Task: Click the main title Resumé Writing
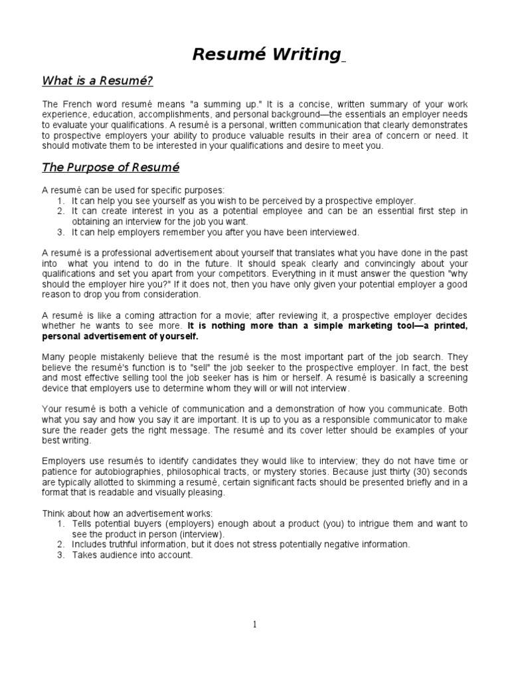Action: click(x=266, y=54)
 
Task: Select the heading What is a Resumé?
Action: click(x=98, y=81)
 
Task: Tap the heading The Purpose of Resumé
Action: click(x=111, y=167)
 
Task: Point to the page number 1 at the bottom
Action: click(x=254, y=624)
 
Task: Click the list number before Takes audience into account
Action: click(x=60, y=555)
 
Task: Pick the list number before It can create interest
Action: click(x=60, y=211)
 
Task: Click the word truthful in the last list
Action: click(x=127, y=545)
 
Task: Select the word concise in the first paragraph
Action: click(x=250, y=105)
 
